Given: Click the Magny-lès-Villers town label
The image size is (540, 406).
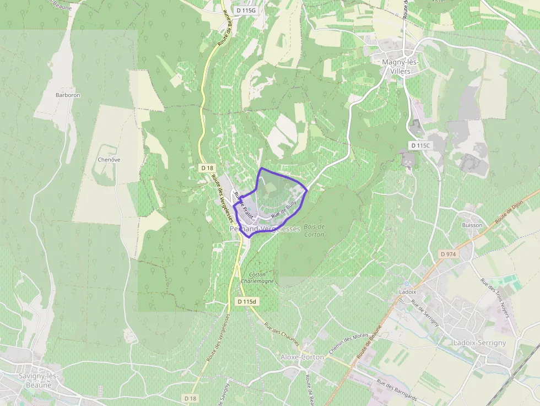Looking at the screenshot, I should (x=401, y=66).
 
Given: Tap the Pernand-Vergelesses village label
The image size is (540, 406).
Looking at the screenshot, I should (x=264, y=229).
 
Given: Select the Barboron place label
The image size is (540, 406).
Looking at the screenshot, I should (x=68, y=95).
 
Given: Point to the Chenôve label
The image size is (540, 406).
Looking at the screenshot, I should (x=109, y=159).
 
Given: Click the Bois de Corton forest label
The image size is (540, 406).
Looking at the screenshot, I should (x=314, y=230).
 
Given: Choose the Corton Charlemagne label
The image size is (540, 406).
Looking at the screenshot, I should (x=257, y=278).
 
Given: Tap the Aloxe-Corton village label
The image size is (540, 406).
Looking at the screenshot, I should (x=303, y=357).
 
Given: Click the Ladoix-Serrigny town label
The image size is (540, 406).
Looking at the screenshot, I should (x=479, y=343).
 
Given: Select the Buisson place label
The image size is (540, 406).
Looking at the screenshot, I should (x=472, y=225).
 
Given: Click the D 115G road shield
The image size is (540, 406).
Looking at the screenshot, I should (x=245, y=10).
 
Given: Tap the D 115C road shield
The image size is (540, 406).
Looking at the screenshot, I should (x=419, y=145).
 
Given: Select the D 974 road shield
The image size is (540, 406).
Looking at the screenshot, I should (x=449, y=254).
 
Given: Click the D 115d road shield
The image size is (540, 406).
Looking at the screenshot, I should (x=247, y=301).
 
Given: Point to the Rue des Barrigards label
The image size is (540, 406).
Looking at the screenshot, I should (x=397, y=389).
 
